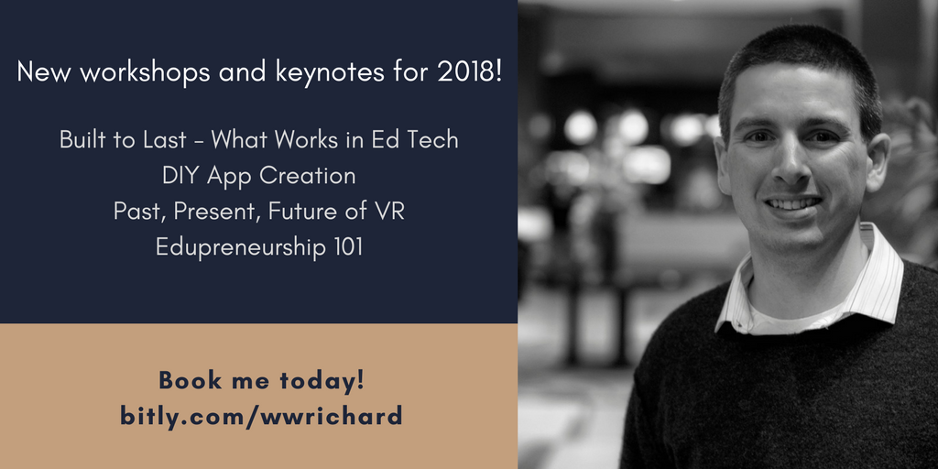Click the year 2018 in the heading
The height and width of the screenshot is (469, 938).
pos(468,72)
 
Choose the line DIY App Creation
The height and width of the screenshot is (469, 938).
pos(258,176)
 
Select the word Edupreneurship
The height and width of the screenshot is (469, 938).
pos(240,247)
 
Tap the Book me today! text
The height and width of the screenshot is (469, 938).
pos(261,380)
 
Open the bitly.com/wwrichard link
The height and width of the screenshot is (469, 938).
pos(261,416)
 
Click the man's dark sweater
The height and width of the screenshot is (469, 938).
pos(778,395)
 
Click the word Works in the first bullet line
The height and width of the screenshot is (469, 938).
pos(301,140)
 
